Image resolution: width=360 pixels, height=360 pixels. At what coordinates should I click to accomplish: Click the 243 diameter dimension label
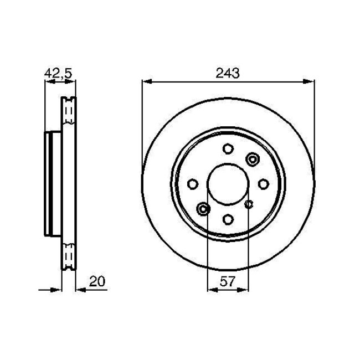228,73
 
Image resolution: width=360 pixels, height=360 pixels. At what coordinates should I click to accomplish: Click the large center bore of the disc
228,184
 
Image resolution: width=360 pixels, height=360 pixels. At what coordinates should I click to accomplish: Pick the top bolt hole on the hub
228,148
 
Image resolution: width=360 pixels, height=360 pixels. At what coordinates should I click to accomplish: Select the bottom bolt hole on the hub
228,219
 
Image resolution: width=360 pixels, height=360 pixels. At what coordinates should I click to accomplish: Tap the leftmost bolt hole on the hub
192,184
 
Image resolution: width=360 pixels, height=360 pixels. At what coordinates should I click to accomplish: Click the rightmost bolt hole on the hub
264,184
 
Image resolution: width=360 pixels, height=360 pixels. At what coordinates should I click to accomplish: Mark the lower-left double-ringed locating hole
203,209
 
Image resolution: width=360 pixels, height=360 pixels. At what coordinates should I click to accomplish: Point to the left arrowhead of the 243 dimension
146,82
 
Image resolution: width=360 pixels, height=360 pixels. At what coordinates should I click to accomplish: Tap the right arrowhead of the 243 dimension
310,82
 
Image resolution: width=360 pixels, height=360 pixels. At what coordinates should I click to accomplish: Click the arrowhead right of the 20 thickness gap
78,289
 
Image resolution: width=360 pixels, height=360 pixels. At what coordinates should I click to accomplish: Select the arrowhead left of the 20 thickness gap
56,289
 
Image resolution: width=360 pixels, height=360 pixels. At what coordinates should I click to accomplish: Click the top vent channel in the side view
69,114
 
